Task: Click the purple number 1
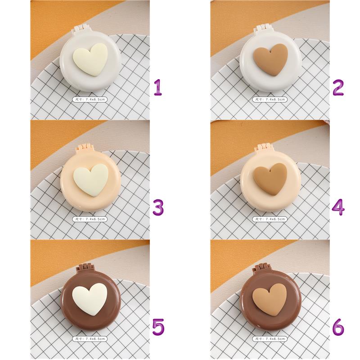(x=158, y=87)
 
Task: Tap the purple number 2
(x=338, y=87)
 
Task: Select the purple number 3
(x=158, y=207)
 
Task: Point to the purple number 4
(x=338, y=207)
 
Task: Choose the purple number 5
(x=158, y=327)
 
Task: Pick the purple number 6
(x=338, y=327)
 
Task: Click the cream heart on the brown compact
(x=90, y=299)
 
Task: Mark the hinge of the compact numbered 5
(x=84, y=268)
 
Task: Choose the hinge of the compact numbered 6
(x=261, y=267)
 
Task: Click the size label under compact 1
(x=90, y=99)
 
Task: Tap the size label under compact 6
(x=270, y=339)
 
